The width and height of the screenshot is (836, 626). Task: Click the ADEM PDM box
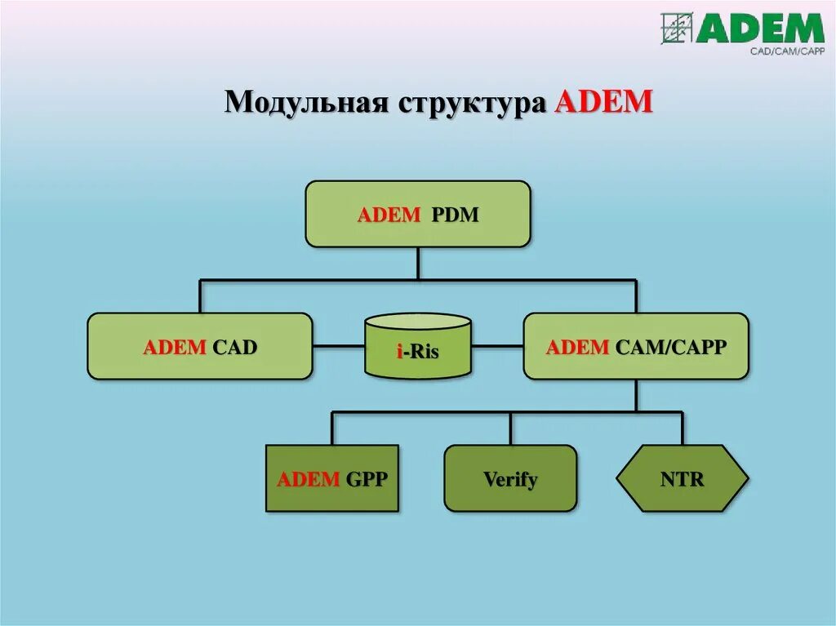click(x=417, y=214)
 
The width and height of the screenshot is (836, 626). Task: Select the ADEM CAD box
click(x=200, y=346)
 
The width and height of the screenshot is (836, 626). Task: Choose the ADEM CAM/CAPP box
click(x=635, y=346)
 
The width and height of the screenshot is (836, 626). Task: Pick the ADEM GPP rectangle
click(x=332, y=478)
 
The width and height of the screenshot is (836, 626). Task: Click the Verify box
click(x=510, y=478)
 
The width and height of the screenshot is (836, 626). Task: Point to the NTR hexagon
click(x=682, y=478)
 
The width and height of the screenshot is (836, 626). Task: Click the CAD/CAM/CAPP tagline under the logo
click(x=787, y=51)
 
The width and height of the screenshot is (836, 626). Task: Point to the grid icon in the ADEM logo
click(x=677, y=28)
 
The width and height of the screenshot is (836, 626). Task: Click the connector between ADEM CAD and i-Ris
click(x=338, y=346)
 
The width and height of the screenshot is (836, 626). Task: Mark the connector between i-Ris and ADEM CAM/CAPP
click(x=497, y=346)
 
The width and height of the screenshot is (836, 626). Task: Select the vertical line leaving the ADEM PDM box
click(x=418, y=263)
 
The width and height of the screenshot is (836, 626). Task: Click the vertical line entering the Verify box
click(x=510, y=428)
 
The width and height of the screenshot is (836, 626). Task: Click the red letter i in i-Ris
click(x=400, y=353)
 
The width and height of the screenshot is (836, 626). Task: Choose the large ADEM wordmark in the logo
click(x=760, y=29)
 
